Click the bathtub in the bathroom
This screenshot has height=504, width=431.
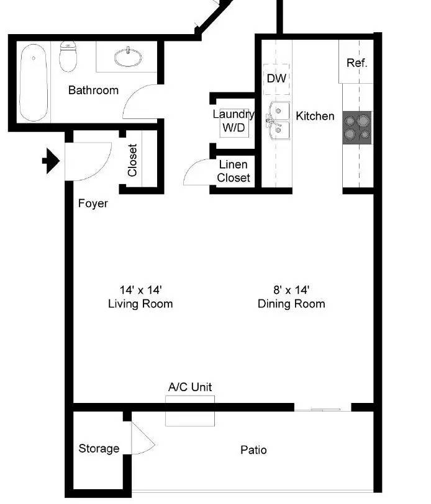point(34,82)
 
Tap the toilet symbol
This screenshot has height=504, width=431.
point(68,56)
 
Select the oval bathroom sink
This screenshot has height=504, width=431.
point(128,58)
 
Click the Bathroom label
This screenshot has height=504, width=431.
point(93,91)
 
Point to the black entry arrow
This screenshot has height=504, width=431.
point(51,161)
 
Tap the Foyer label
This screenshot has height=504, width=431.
point(93,203)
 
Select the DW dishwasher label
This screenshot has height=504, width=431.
point(276,78)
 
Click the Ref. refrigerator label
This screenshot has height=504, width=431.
point(356,63)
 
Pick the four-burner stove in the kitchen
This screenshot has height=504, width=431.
point(357,128)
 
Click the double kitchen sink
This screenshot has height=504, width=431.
point(278,120)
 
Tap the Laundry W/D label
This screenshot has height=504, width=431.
point(234,121)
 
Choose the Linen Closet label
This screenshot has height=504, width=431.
point(234,171)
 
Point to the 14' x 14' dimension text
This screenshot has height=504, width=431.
point(140,290)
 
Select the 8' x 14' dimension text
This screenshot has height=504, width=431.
point(291,290)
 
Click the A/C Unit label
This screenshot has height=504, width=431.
point(190,387)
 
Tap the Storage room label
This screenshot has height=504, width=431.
point(99,448)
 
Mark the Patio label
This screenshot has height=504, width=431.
point(253,449)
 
